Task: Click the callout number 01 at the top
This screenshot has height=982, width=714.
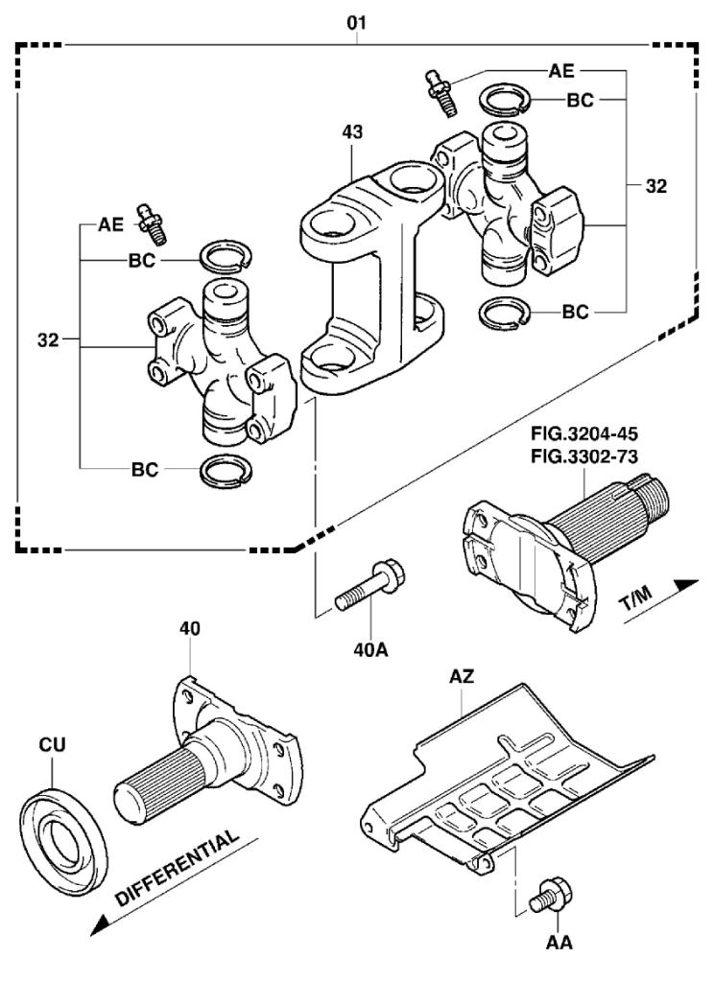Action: pos(356,19)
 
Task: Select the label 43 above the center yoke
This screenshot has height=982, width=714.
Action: pos(353,132)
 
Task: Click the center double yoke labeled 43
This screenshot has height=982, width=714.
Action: pos(369,278)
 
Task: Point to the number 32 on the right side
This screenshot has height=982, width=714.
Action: pos(655,188)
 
